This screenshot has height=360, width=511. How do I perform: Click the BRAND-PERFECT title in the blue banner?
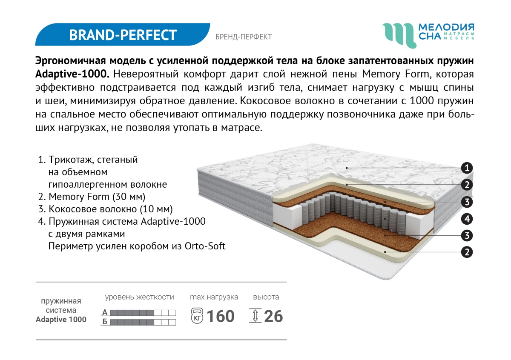123,35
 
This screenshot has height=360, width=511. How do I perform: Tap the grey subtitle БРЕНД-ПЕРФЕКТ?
244,37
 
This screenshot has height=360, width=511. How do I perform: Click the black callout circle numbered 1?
467,168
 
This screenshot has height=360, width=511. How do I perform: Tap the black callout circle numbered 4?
467,219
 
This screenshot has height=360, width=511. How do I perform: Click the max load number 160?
220,316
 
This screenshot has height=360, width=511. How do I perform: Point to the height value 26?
273,316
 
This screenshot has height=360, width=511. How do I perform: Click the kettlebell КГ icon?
197,316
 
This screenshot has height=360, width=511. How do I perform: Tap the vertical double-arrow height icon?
255,316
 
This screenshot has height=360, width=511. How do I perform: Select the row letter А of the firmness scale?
105,312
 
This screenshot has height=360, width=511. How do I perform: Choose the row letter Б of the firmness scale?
105,322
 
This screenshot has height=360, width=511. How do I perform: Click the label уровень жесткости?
140,297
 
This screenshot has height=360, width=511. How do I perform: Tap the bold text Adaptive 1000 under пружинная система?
61,320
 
